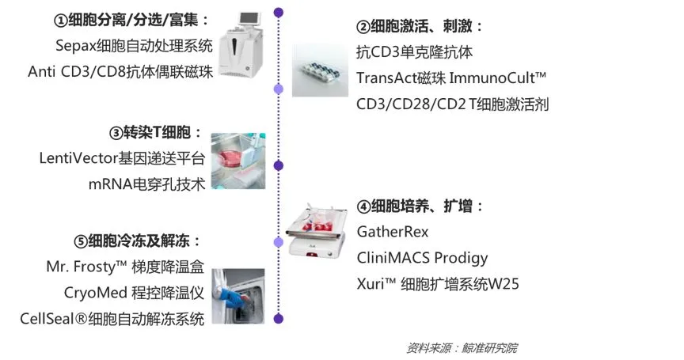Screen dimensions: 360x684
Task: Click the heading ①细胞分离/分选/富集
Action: pyautogui.click(x=131, y=19)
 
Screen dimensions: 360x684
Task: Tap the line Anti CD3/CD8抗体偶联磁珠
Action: pyautogui.click(x=120, y=71)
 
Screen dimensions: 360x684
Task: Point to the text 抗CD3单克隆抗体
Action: pyautogui.click(x=416, y=52)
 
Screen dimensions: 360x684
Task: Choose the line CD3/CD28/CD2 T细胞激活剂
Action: pyautogui.click(x=452, y=104)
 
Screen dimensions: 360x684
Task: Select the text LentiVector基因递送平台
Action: pyautogui.click(x=122, y=158)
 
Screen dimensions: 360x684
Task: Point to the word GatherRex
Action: pyautogui.click(x=393, y=232)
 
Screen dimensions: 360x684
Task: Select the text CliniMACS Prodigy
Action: pyautogui.click(x=422, y=258)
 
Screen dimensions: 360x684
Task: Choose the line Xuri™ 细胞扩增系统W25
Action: pyautogui.click(x=438, y=284)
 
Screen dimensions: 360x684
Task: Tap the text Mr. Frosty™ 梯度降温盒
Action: pyautogui.click(x=125, y=267)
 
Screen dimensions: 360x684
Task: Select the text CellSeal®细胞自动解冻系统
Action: pyautogui.click(x=112, y=319)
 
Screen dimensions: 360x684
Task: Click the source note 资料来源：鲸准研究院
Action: pyautogui.click(x=462, y=347)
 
